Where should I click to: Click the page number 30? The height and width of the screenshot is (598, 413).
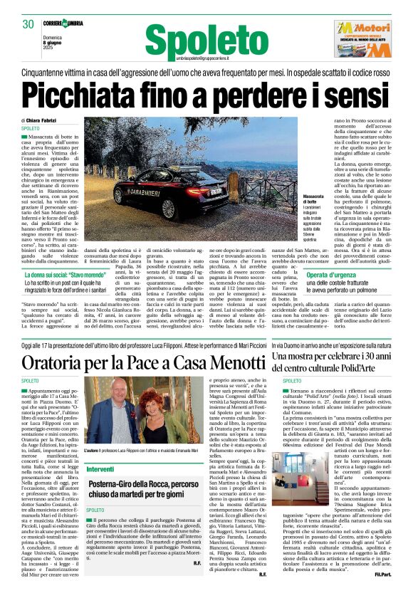[28, 24]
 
